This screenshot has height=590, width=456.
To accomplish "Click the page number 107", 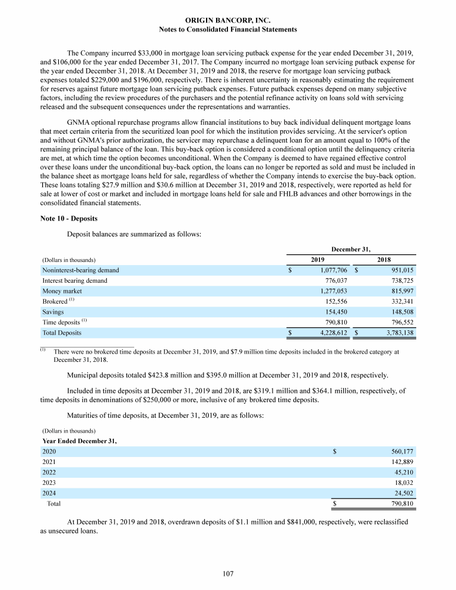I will (228, 573).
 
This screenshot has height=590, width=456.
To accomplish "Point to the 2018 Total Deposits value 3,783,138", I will (396, 333).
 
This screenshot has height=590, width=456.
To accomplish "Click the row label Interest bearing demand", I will (75, 280).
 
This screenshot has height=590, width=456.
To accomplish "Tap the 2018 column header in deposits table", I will (385, 260).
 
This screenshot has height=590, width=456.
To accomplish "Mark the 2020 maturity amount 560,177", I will (400, 452).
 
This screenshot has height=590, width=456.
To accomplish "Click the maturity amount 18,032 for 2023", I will (403, 482).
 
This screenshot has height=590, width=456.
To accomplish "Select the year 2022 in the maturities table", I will (50, 472).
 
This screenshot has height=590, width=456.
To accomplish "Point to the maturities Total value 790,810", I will (400, 504).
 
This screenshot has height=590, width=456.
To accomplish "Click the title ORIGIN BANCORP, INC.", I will (228, 20).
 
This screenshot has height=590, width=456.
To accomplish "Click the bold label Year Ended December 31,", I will (80, 441).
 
